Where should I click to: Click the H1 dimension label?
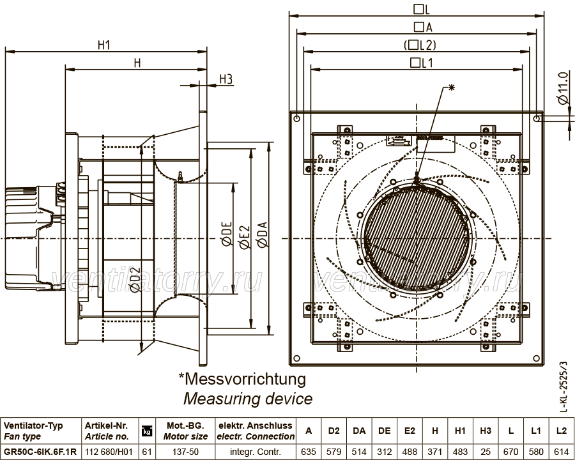[103, 45]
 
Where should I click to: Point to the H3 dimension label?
[226, 79]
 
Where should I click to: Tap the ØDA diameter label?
[263, 234]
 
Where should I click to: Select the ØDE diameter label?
[227, 234]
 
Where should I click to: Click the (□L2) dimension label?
[420, 45]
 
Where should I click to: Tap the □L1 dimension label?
[422, 63]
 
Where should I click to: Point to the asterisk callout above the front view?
[452, 88]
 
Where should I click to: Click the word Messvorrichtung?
[242, 379]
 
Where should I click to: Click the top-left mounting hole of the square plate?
[296, 118]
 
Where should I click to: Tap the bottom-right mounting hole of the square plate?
[536, 358]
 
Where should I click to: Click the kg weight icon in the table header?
[147, 431]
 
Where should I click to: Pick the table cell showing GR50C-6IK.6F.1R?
[40, 452]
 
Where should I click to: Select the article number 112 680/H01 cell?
[109, 452]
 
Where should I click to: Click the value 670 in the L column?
[511, 452]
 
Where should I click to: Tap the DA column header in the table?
[359, 431]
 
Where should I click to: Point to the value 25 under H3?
[486, 452]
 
